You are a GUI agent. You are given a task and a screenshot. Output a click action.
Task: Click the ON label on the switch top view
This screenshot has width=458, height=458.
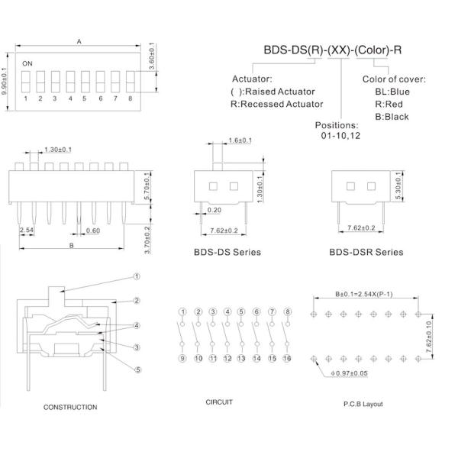[x=27, y=63]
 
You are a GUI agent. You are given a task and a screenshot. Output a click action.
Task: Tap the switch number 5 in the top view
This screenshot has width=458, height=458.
[x=84, y=98]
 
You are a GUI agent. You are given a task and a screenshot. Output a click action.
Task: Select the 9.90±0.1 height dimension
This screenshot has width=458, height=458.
[x=5, y=81]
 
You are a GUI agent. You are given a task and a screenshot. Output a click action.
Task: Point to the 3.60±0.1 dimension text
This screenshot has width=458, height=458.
[x=152, y=56]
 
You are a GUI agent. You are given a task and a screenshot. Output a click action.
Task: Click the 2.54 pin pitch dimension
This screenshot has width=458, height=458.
[x=27, y=231]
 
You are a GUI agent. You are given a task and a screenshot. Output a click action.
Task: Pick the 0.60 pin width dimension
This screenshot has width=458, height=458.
[x=93, y=231]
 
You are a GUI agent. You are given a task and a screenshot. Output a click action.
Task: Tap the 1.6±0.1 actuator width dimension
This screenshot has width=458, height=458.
[x=240, y=140]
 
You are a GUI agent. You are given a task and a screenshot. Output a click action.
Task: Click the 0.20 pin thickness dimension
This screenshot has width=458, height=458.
[x=214, y=210]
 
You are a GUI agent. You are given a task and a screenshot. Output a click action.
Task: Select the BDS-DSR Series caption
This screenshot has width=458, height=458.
[x=366, y=252]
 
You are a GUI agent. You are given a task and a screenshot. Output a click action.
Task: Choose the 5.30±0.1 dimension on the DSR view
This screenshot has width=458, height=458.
[x=398, y=185]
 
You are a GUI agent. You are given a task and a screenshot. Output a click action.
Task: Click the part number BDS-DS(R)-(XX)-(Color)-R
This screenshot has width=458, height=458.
[x=333, y=50]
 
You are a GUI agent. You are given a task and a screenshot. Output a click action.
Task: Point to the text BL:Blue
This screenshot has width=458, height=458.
[x=392, y=92]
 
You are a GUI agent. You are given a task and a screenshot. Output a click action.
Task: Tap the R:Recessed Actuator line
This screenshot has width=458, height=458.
[x=277, y=104]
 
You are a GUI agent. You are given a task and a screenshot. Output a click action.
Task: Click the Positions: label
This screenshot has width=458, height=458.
[x=337, y=125]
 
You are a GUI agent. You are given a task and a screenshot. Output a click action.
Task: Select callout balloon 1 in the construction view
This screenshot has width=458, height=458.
[x=137, y=276]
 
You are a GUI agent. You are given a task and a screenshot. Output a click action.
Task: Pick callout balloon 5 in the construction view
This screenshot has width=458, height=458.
[x=138, y=369]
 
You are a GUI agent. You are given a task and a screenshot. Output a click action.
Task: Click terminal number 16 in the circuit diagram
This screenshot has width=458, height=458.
[x=287, y=359]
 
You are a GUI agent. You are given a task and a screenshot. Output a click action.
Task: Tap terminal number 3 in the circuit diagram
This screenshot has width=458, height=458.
[x=213, y=311]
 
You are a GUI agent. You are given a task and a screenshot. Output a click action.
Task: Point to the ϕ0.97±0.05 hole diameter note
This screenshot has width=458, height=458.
[x=349, y=373]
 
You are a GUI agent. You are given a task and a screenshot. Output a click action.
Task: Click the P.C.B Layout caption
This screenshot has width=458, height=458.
[x=363, y=405]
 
